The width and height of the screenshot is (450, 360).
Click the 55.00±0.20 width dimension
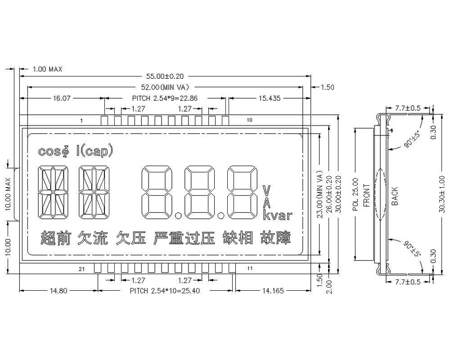click(165, 77)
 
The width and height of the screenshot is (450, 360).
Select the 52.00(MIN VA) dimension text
click(165, 87)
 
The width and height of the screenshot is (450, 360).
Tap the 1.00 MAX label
click(47, 69)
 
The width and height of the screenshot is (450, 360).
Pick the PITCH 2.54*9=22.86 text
click(165, 98)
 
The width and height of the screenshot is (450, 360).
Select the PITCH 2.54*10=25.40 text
click(165, 291)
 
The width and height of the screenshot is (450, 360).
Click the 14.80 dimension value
click(58, 291)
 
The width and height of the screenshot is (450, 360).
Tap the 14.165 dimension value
click(273, 291)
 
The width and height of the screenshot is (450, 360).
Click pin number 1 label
click(81, 121)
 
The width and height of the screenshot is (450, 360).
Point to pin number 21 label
click(81, 269)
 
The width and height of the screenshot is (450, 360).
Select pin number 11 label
click(250, 269)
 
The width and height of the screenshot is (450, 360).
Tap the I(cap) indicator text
click(94, 152)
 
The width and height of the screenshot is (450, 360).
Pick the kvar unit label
click(277, 216)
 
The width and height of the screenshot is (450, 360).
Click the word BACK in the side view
click(395, 196)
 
